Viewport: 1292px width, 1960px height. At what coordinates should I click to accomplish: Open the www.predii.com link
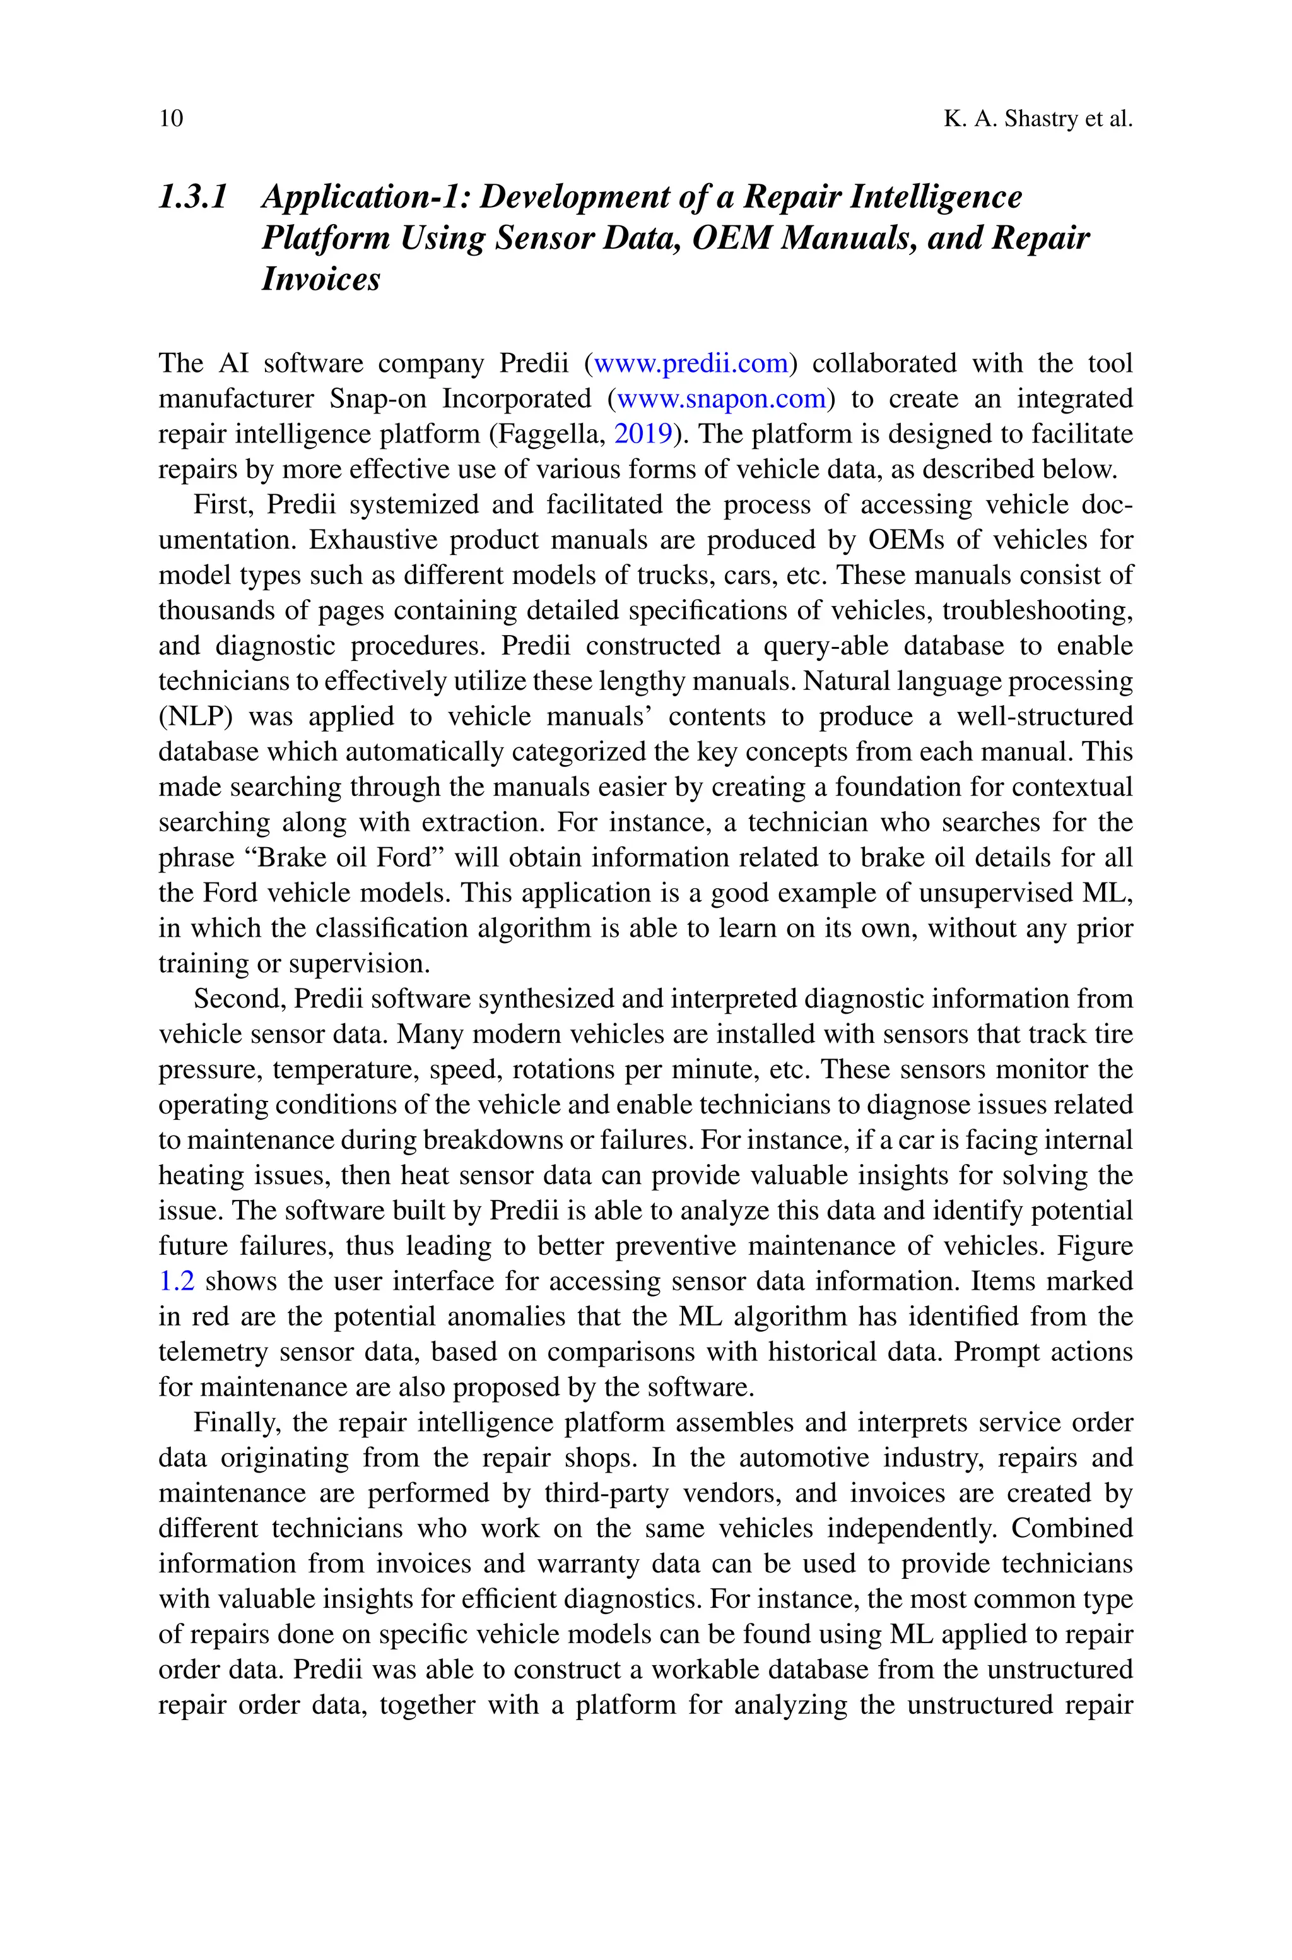coord(691,364)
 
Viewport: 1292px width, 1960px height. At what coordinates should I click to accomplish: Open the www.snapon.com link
coord(721,399)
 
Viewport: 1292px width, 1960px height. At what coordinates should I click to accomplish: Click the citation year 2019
coord(643,434)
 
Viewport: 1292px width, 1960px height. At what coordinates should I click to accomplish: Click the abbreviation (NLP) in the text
coord(196,717)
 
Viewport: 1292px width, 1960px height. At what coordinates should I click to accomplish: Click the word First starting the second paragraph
coord(221,504)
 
